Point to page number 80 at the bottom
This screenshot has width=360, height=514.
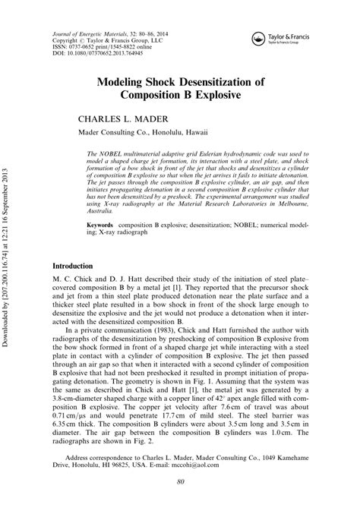[x=180, y=483]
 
